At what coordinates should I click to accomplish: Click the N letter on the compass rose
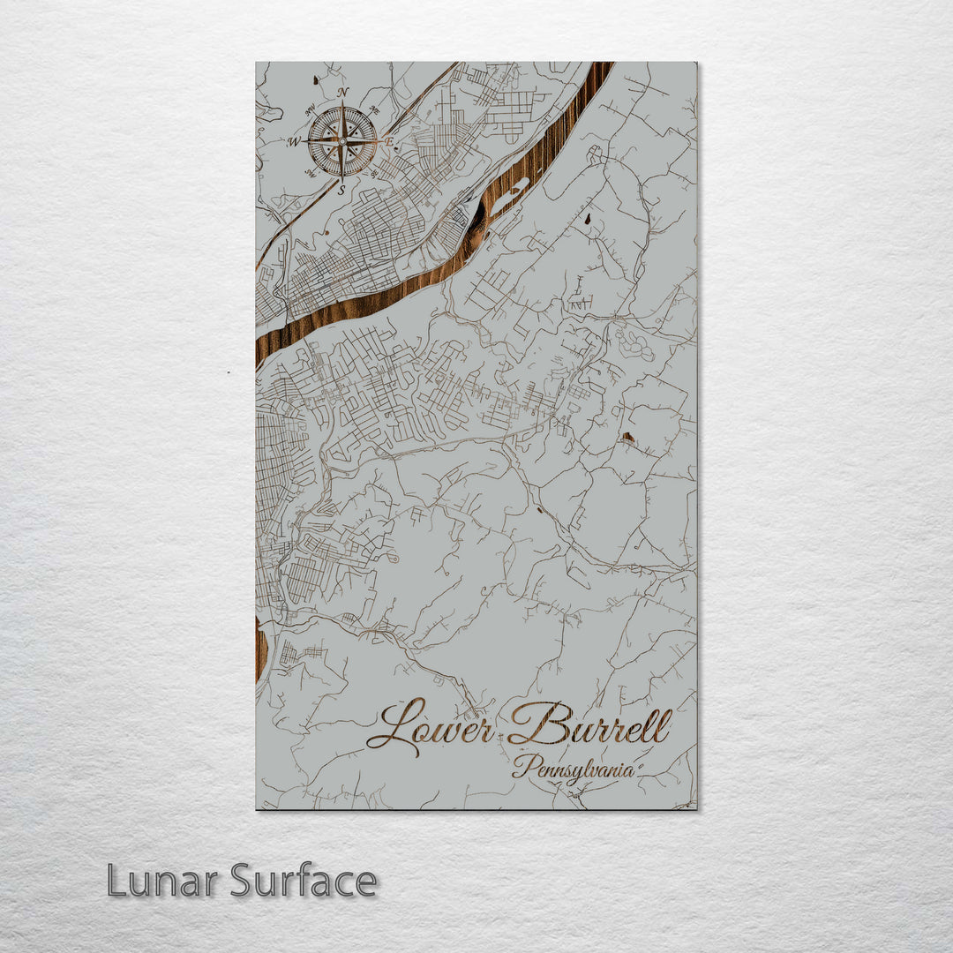(343, 93)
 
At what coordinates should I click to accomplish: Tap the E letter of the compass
(388, 140)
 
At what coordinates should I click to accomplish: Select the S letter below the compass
(341, 188)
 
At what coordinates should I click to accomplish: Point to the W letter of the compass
(294, 141)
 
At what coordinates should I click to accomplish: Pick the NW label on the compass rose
(310, 110)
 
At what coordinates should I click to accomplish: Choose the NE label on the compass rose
(373, 109)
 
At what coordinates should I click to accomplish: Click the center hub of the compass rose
(341, 140)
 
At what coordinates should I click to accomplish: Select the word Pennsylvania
(574, 769)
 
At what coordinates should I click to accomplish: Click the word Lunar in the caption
(163, 881)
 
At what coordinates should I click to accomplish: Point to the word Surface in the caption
(304, 881)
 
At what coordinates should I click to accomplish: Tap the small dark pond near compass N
(317, 80)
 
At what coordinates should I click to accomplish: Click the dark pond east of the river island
(587, 218)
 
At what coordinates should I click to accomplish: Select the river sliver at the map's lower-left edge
(260, 649)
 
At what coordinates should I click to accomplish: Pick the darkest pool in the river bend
(477, 224)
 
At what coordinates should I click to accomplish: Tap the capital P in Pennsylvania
(522, 766)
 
